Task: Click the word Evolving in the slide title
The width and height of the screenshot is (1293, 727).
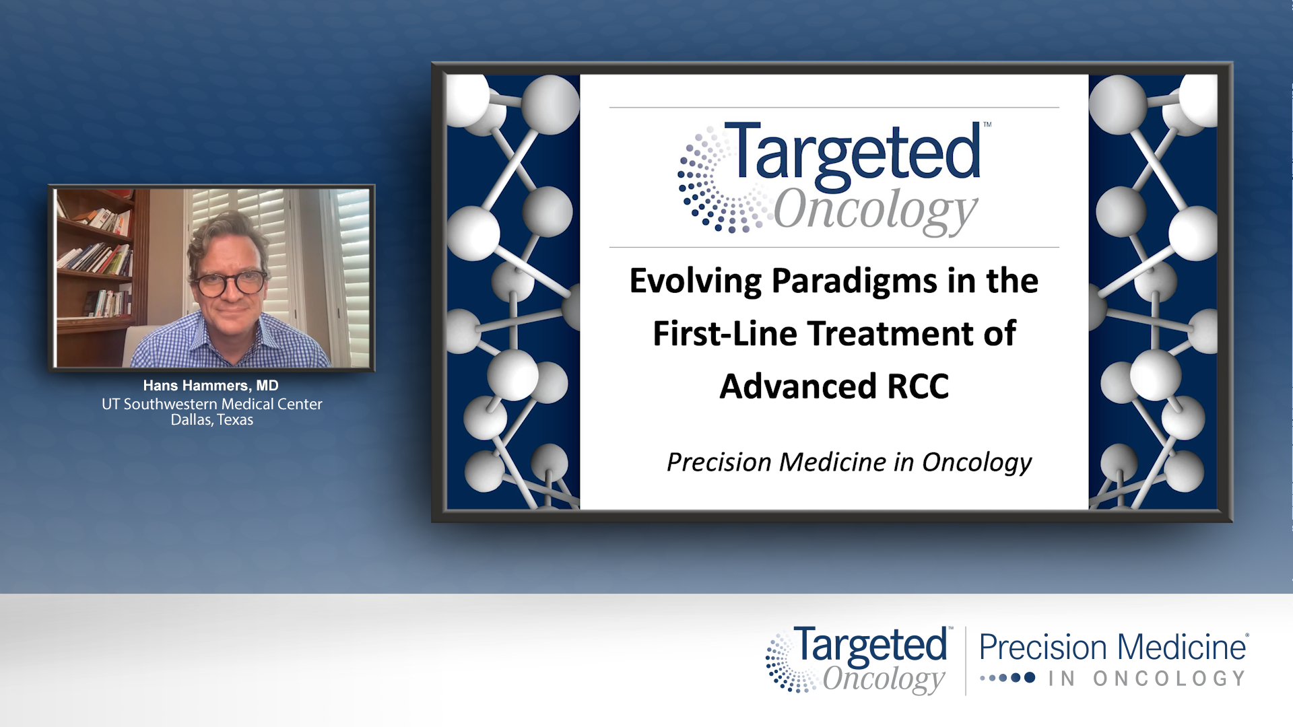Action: point(694,281)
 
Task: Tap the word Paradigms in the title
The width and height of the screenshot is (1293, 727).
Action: point(853,281)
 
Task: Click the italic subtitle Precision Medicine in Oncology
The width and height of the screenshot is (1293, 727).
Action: point(849,462)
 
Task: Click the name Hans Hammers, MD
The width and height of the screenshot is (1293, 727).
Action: point(211,386)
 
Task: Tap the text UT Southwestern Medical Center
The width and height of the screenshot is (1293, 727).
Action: point(211,404)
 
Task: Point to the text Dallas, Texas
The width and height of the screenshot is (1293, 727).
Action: point(211,420)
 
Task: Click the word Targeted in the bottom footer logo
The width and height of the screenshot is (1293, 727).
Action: point(870,646)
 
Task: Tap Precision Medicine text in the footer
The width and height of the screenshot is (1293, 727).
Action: point(1113,648)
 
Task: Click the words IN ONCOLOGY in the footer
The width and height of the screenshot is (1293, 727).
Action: point(1146,679)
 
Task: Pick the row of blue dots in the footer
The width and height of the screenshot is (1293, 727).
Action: point(1007,678)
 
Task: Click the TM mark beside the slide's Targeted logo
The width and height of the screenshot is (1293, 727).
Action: point(987,125)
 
